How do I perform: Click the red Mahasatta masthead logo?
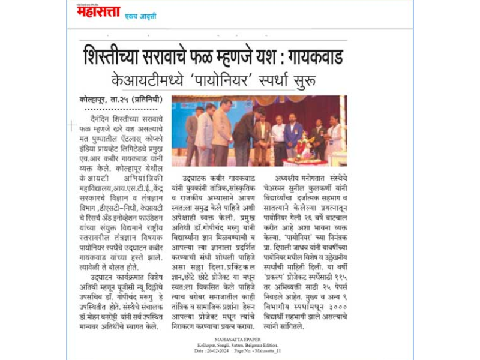(x=94, y=11)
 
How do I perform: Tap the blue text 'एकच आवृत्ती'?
(x=139, y=16)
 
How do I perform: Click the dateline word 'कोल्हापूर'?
(x=95, y=100)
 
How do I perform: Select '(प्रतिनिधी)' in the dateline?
(x=146, y=100)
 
